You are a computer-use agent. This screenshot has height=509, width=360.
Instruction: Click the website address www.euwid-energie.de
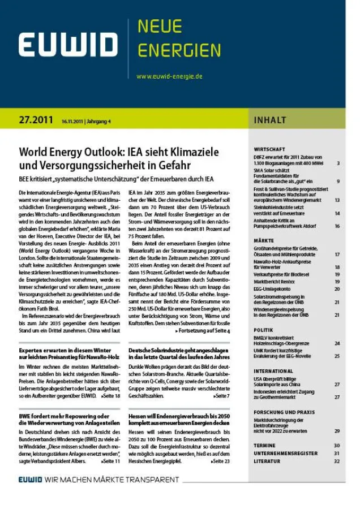click(x=169, y=76)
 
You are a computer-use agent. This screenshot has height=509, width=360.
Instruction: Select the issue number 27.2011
click(x=36, y=120)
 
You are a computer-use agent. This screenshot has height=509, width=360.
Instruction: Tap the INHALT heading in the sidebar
click(x=270, y=120)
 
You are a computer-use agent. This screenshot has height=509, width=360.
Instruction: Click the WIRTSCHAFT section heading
click(x=269, y=149)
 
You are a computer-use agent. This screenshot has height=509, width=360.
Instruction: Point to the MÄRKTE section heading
click(x=264, y=240)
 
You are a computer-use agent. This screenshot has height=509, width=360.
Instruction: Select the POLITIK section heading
click(x=264, y=330)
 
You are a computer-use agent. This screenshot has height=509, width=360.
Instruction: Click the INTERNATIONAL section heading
click(x=273, y=371)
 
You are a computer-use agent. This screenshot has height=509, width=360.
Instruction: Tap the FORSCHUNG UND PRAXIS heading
click(x=284, y=412)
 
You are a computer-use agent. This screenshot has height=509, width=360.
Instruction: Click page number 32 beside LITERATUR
click(x=336, y=461)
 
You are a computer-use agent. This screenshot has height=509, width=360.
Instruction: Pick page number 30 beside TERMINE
click(x=336, y=446)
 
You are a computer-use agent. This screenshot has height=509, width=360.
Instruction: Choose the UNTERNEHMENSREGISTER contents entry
click(x=286, y=454)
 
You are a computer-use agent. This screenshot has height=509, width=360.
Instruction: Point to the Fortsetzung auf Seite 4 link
click(x=203, y=330)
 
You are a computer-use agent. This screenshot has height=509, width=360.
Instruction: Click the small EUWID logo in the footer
click(x=33, y=480)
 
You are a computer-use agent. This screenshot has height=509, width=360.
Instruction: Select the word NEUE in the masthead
click(x=160, y=27)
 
